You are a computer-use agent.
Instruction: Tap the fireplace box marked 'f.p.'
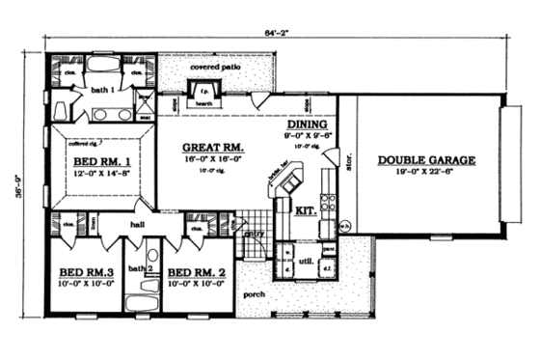tap(217, 90)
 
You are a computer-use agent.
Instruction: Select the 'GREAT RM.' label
tap(213, 149)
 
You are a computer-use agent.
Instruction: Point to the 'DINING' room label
tap(308, 125)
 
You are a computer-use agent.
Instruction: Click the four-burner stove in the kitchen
tap(328, 204)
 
